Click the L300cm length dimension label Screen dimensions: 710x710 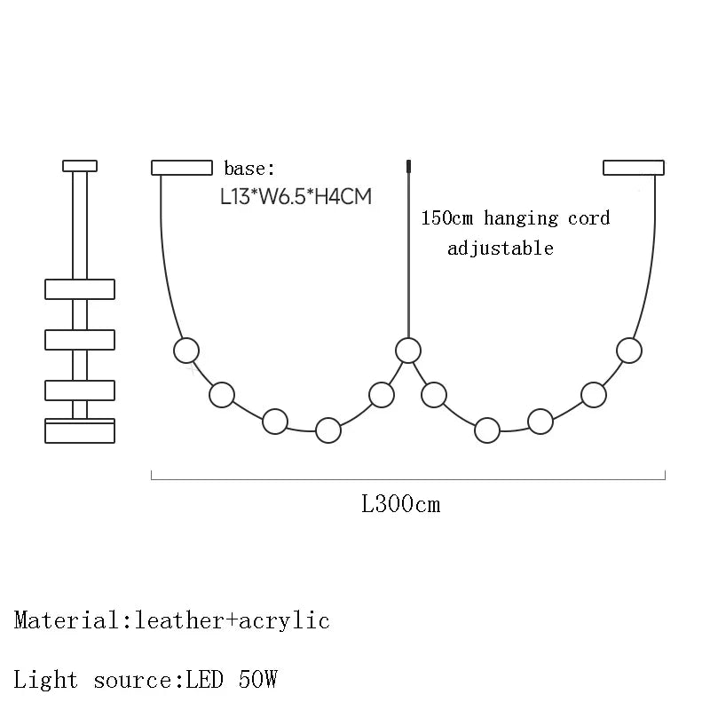tap(401, 504)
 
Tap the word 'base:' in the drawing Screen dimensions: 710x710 tap(249, 169)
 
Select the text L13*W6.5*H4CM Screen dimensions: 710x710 tap(296, 196)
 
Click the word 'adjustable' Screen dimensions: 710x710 tap(501, 248)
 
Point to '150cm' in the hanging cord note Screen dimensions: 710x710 tap(447, 217)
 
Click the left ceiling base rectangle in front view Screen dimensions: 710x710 tap(182, 168)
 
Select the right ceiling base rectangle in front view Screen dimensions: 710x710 tap(634, 168)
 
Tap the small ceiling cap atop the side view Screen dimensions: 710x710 tap(80, 166)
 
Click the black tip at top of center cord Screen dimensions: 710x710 tap(408, 166)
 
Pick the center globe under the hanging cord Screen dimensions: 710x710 tap(408, 351)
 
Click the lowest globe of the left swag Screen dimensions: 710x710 tap(328, 430)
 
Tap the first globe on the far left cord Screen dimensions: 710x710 tap(186, 351)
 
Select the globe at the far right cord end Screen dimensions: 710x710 tap(629, 351)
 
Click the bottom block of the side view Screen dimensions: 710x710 tap(80, 430)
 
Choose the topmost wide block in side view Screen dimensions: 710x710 tap(80, 289)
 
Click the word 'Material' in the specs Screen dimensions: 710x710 tap(67, 620)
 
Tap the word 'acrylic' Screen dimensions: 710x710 tap(284, 620)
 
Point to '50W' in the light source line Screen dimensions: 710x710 tap(257, 680)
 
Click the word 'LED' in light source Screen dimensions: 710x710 tap(205, 680)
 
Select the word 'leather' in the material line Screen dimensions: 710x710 tap(180, 620)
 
